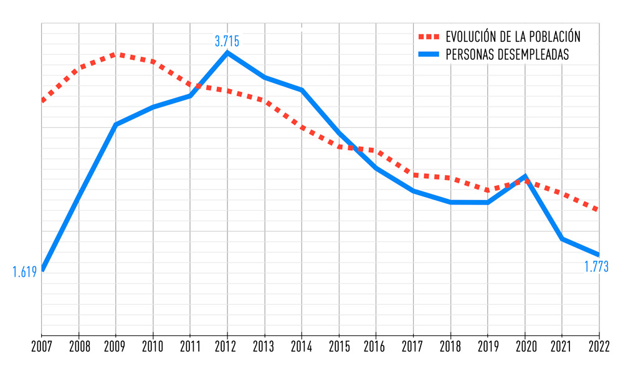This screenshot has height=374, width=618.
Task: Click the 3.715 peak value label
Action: click(227, 42)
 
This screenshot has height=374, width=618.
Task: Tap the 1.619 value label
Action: click(25, 271)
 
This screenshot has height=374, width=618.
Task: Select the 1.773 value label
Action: click(596, 267)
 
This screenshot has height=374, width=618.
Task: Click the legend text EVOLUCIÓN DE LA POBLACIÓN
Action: click(513, 36)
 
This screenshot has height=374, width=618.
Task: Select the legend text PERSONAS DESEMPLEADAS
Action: click(507, 54)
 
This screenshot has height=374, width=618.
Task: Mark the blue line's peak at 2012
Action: click(227, 52)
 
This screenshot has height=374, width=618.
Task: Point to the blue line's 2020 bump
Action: click(525, 176)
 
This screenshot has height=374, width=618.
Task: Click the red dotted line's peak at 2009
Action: click(116, 54)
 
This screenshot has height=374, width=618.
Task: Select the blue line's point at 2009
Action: click(116, 125)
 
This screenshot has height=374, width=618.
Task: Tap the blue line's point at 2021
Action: click(562, 239)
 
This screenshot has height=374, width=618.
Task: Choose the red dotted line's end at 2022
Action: click(599, 210)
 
